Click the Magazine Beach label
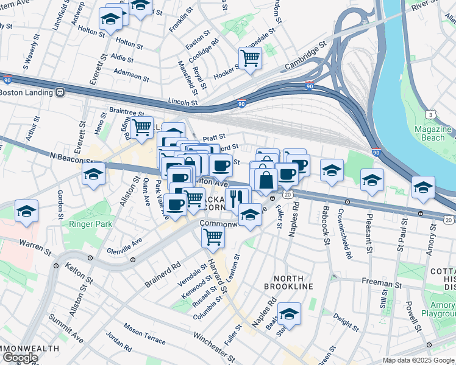(433, 133)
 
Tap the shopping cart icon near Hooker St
(250, 58)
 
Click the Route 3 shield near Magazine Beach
(430, 114)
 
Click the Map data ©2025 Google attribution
(418, 360)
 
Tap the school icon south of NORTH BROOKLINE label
(289, 313)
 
